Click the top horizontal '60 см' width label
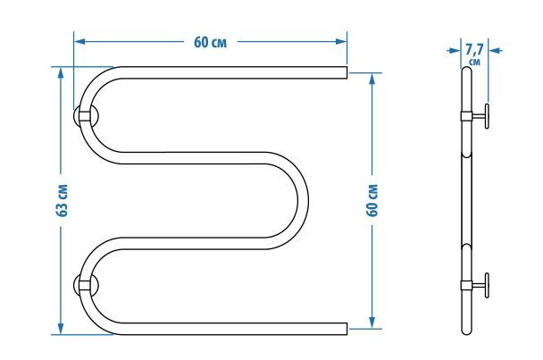coord(209,42)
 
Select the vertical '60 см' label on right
coord(372,202)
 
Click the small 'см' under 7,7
coord(474,63)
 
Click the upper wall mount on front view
coord(85,116)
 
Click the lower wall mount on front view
coord(85,286)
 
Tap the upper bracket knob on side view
coord(488,116)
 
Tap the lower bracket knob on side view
coord(488,286)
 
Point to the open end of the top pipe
coord(344,71)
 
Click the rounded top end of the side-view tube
coord(467,71)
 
